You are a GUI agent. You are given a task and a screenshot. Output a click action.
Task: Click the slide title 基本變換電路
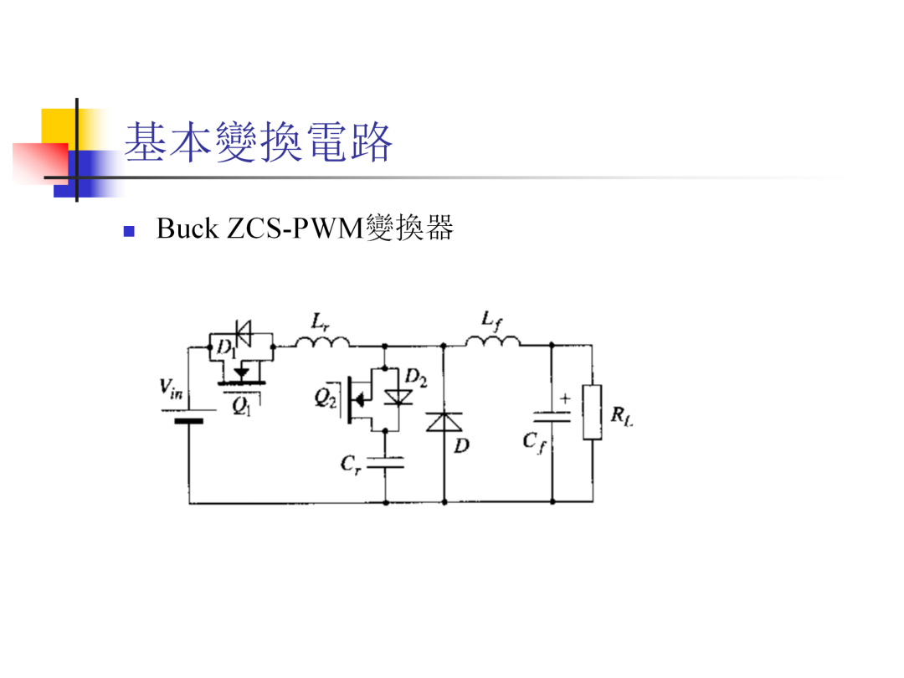click(x=259, y=141)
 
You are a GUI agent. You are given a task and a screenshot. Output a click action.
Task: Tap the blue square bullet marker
click(x=129, y=231)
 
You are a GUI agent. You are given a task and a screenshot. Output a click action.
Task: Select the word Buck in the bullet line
click(x=187, y=229)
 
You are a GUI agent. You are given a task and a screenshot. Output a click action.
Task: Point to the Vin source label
click(x=171, y=388)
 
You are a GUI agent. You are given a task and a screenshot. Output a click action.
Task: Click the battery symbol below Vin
click(x=189, y=416)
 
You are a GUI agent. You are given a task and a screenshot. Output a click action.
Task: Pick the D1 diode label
click(x=225, y=347)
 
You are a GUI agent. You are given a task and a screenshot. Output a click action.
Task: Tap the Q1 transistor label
click(x=241, y=407)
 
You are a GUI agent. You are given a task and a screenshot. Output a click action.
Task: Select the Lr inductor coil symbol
click(x=322, y=342)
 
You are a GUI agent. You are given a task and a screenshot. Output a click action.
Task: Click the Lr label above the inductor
click(x=320, y=321)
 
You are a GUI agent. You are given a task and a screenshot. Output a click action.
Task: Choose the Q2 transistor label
click(x=325, y=398)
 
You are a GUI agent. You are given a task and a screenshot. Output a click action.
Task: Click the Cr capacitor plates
click(x=386, y=462)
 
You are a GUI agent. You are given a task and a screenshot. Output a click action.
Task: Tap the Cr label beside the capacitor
click(x=351, y=464)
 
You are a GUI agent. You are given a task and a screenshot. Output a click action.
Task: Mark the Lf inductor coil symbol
click(x=493, y=342)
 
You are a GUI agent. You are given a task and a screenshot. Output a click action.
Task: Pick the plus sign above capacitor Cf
click(x=565, y=398)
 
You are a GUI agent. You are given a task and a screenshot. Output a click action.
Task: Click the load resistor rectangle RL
click(x=592, y=412)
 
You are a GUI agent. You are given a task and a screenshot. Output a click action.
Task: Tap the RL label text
click(x=622, y=415)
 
